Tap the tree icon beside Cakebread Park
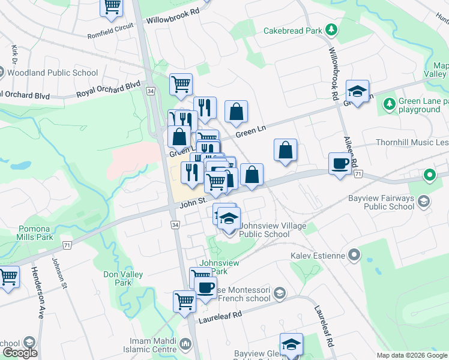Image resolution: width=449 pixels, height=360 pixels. (330, 29)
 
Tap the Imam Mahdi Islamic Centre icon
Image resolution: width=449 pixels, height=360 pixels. (186, 345)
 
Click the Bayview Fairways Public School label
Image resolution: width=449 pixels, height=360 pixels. (381, 202)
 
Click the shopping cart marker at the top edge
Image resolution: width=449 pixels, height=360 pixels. (112, 6)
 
